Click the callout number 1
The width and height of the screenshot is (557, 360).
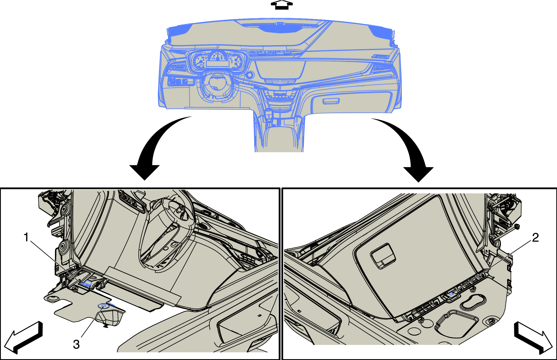pos(26,237)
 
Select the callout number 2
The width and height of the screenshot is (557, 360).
pos(535,237)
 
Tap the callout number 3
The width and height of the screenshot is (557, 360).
pos(76,344)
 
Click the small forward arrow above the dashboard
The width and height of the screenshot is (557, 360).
pos(281,5)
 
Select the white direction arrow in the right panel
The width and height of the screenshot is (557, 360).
pos(533,338)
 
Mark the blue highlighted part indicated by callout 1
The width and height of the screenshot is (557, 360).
pos(86,283)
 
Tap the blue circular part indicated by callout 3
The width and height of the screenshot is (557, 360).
pos(103,306)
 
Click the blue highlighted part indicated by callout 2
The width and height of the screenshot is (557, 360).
pos(451,294)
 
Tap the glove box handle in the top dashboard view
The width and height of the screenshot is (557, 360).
pos(331,101)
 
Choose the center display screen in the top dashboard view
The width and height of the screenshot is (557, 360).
pos(280,70)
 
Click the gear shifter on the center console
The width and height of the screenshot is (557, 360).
pos(269,115)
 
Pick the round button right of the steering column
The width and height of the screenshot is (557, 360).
pos(250,75)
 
